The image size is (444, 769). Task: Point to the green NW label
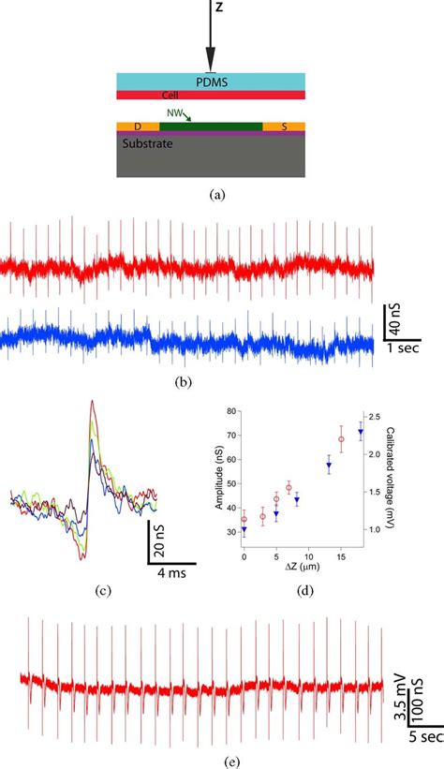(x=173, y=112)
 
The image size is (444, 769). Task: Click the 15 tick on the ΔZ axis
(x=340, y=555)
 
